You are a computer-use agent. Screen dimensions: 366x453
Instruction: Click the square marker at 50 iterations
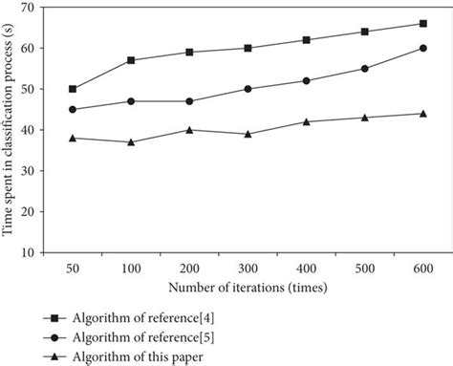[73, 89]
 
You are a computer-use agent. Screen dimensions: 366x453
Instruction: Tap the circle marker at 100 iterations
[131, 100]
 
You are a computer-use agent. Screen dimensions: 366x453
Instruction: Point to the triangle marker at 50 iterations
[73, 138]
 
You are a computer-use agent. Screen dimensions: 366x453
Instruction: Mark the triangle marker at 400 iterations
[306, 121]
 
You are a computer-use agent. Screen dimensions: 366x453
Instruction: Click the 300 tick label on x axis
[248, 269]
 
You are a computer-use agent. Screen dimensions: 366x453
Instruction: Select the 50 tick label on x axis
[73, 269]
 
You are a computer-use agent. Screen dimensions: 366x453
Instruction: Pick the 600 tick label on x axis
[422, 269]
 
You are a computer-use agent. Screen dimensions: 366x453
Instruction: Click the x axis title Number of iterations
[246, 287]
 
